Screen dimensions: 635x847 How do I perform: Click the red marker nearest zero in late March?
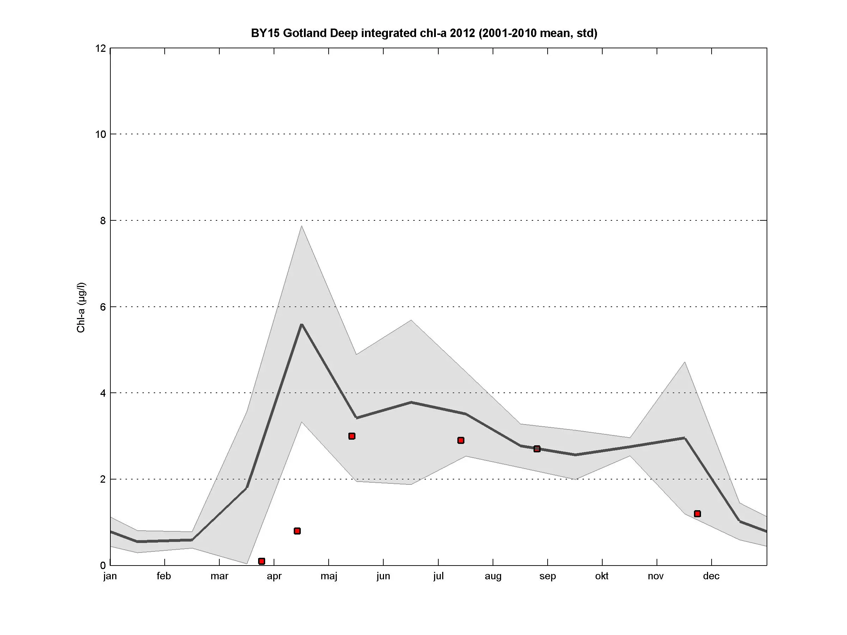click(262, 561)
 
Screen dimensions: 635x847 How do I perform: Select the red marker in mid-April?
click(297, 531)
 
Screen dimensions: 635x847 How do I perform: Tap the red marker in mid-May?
click(352, 436)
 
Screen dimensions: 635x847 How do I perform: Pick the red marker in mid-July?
click(461, 441)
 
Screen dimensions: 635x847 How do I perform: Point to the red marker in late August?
click(537, 448)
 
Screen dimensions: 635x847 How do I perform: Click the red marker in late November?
click(697, 514)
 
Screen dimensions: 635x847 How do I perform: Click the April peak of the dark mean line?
click(302, 325)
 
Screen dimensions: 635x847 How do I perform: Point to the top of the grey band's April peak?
click(302, 226)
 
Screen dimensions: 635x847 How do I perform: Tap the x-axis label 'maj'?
click(329, 576)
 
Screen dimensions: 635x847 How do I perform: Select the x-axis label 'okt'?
click(602, 576)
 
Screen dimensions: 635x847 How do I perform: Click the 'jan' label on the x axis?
click(110, 576)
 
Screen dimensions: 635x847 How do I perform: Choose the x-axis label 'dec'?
click(711, 576)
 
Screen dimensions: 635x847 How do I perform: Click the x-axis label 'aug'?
click(493, 576)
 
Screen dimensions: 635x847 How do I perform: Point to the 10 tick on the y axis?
click(101, 134)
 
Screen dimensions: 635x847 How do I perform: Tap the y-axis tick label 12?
click(101, 48)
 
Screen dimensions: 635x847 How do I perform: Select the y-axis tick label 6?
click(103, 307)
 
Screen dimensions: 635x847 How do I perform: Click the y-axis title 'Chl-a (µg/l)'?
click(81, 308)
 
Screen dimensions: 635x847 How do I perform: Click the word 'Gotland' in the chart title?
click(305, 33)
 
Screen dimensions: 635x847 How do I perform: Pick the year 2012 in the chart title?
click(463, 33)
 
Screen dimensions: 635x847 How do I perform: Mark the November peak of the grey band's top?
click(685, 362)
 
